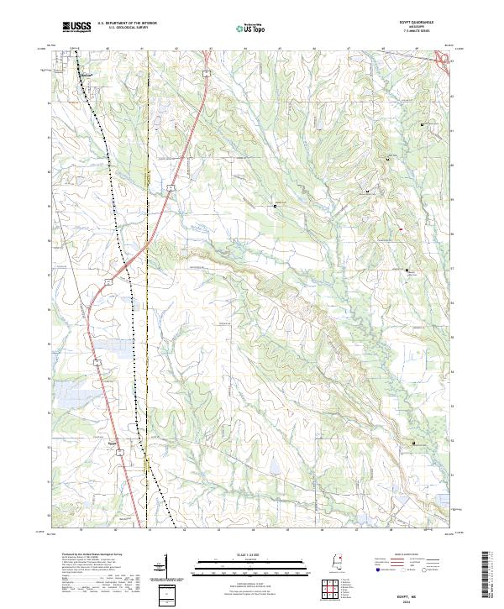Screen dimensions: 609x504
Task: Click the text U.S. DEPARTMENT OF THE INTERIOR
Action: pos(127,24)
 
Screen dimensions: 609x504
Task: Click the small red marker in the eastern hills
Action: pos(401,229)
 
